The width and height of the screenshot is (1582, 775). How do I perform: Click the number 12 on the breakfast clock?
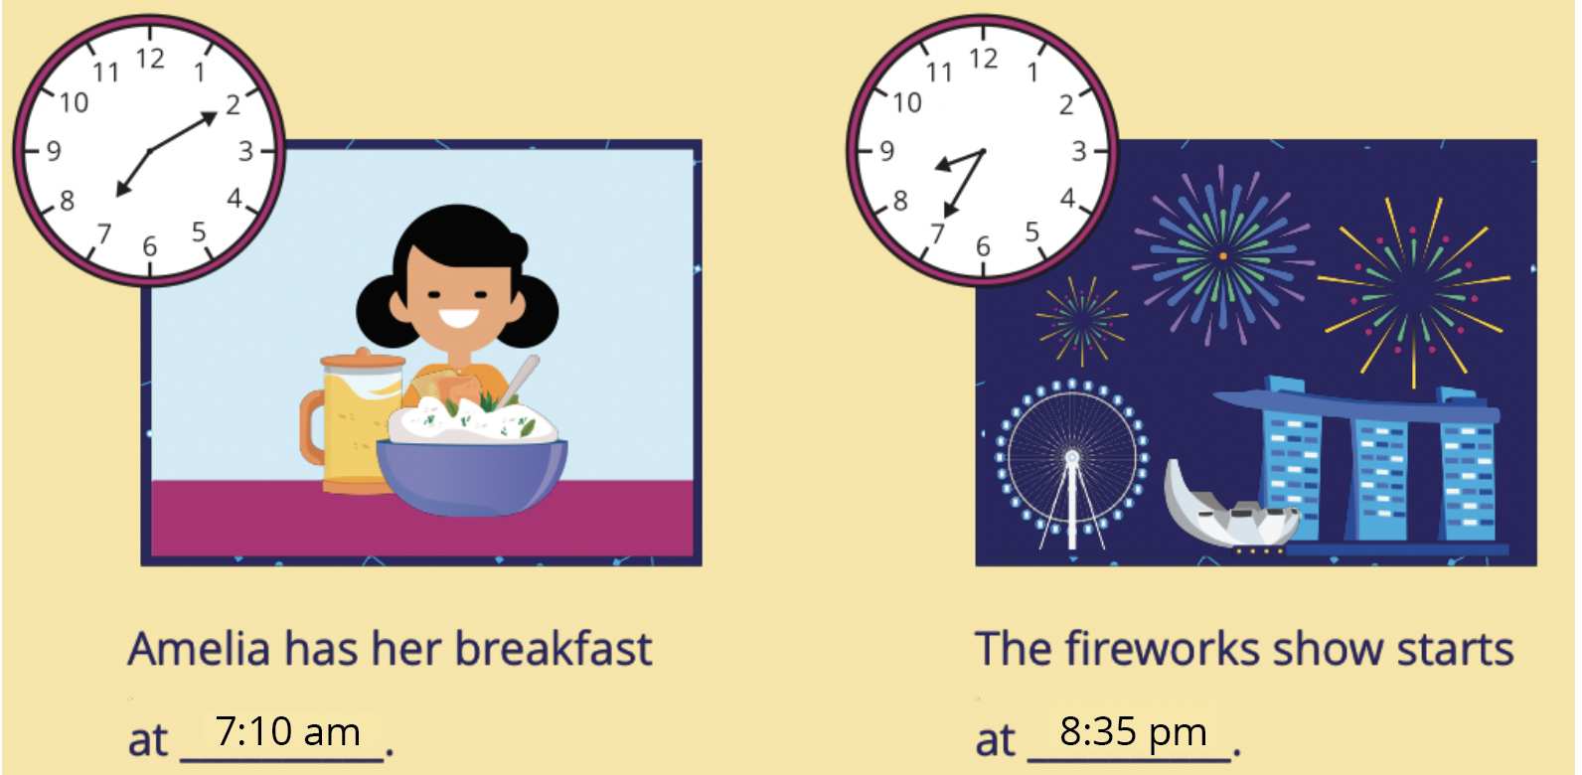pos(150,59)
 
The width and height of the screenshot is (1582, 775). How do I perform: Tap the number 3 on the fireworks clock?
pos(1078,150)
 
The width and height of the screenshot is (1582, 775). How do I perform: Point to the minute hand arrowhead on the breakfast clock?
pos(209,118)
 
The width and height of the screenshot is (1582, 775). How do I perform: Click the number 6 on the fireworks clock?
pos(983,245)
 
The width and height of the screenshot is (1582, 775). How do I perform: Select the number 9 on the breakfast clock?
pos(55,150)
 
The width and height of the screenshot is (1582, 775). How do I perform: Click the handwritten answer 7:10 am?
pos(287,731)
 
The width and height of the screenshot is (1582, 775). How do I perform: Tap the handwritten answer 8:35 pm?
pos(1133,732)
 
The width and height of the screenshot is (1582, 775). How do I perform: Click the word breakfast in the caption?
pos(553,649)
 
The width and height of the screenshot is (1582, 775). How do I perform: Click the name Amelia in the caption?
pos(199,649)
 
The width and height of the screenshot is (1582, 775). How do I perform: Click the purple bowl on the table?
pos(471,477)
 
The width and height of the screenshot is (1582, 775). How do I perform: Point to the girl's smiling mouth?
pos(458,318)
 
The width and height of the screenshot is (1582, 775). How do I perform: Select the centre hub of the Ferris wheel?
pos(1072,458)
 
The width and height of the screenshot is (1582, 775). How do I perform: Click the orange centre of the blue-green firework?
pos(1223,255)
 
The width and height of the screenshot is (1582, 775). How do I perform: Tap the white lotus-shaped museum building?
pos(1230,508)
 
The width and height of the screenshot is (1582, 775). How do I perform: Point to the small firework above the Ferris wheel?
pos(1080,319)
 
